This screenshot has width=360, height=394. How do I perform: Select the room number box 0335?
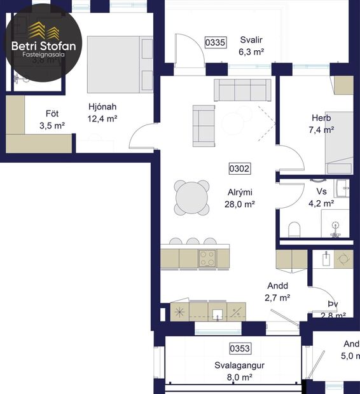(x=215, y=43)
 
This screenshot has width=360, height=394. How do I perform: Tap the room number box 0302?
(x=239, y=169)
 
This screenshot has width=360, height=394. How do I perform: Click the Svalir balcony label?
(x=251, y=41)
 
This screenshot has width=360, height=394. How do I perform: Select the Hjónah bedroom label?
(x=102, y=107)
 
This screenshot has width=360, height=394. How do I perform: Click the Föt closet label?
(x=52, y=114)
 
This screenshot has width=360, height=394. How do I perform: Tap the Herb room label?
(x=322, y=118)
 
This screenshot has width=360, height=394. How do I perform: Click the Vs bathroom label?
(x=321, y=191)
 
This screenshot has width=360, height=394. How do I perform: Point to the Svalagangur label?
(x=239, y=365)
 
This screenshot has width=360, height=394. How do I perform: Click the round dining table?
(x=192, y=198)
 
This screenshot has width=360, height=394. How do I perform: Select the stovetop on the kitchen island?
(x=207, y=257)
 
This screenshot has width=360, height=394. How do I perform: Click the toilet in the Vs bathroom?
(x=294, y=229)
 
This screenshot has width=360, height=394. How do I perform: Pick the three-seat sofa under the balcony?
(x=242, y=90)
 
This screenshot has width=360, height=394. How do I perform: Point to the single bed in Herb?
(x=339, y=143)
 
